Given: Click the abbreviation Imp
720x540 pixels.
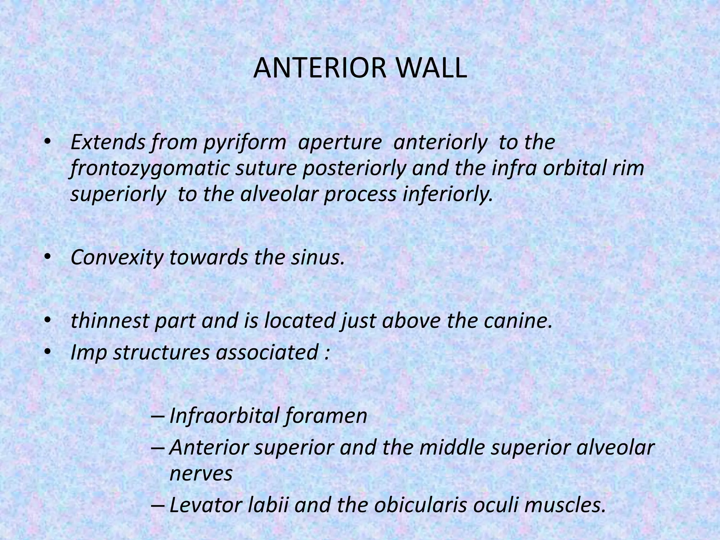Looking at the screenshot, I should pos(89,353).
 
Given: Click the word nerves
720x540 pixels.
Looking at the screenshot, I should pos(201,474).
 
